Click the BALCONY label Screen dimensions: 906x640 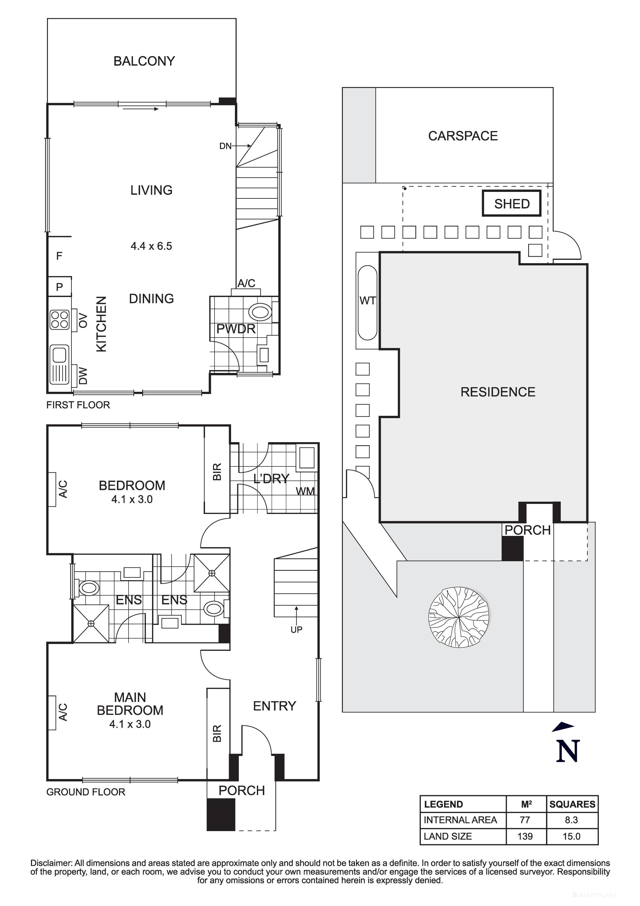pos(144,61)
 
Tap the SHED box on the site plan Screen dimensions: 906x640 pos(511,204)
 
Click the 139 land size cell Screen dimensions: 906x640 pos(525,836)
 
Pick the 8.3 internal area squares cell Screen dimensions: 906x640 pos(571,820)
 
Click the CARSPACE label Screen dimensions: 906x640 pos(463,136)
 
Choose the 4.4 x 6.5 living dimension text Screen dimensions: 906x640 pos(152,246)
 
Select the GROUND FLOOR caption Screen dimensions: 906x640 pos(85,792)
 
